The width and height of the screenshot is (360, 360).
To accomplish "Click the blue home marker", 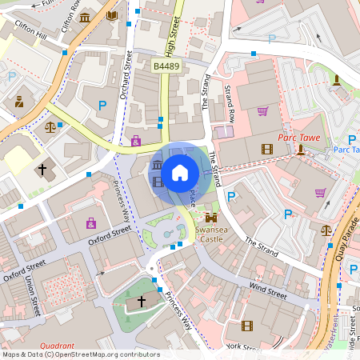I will click(x=180, y=172).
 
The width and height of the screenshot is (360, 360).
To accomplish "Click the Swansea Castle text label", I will click(x=211, y=234).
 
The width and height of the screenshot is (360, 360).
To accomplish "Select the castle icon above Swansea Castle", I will click(x=211, y=217).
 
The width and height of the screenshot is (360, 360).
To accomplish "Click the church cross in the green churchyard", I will click(x=142, y=301).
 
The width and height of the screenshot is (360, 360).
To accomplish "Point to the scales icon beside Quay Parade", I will click(x=326, y=230).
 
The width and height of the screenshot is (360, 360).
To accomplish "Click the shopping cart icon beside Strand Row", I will click(x=262, y=110).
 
